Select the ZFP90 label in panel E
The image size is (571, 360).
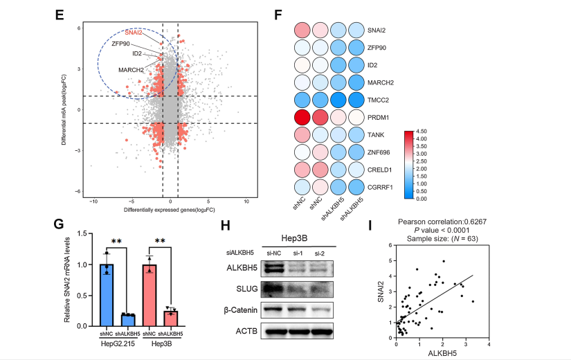(x=121, y=44)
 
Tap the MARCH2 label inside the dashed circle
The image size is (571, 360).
(x=130, y=69)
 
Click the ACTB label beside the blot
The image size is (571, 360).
(x=245, y=332)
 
